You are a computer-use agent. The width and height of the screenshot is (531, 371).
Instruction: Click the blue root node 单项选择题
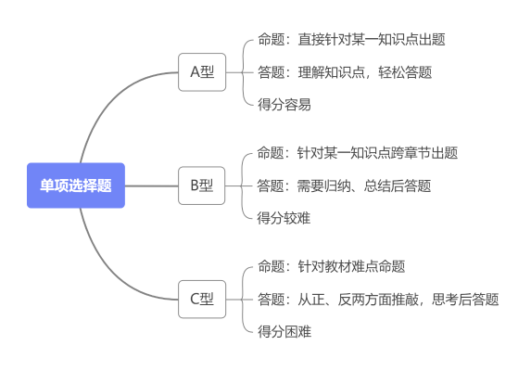[x=76, y=185]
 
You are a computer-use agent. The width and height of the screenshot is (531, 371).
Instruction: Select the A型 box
[x=202, y=71]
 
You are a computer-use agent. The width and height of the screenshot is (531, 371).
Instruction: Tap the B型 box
[x=202, y=185]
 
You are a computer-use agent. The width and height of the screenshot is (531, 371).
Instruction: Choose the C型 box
[x=202, y=299]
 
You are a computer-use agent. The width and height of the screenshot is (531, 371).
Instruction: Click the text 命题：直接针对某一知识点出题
[x=351, y=40]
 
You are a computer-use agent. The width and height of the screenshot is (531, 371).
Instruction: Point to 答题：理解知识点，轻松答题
[x=345, y=71]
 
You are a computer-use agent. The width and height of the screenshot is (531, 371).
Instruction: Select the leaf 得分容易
[x=284, y=104]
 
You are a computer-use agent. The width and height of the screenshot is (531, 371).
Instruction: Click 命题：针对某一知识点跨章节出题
[x=358, y=153]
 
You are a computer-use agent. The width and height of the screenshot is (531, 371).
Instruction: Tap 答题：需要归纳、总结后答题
[x=345, y=185]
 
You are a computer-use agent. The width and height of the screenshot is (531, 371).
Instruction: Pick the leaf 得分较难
[x=284, y=218]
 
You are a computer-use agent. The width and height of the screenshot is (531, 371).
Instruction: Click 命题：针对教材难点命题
[x=332, y=267]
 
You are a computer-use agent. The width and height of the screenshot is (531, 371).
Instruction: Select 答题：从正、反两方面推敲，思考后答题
[x=378, y=299]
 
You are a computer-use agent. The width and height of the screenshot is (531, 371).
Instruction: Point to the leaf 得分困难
[x=284, y=331]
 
